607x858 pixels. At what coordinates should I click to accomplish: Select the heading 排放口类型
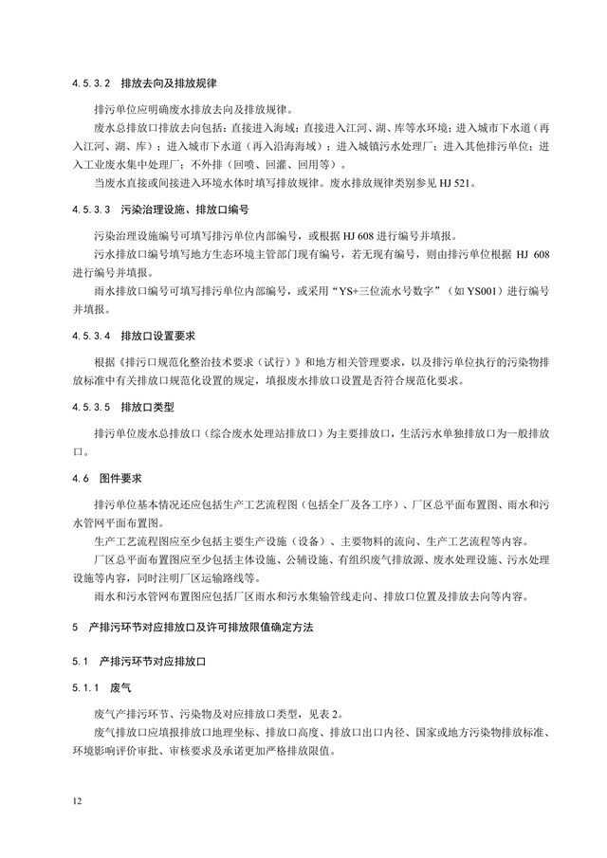coord(148,410)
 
